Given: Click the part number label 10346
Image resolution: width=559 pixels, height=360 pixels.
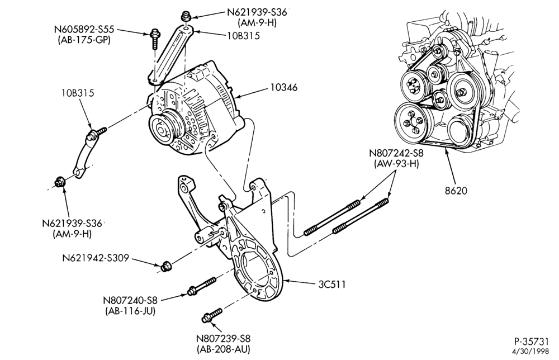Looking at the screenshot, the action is pyautogui.click(x=283, y=87).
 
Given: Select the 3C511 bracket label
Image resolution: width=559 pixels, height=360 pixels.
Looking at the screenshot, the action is pyautogui.click(x=332, y=284).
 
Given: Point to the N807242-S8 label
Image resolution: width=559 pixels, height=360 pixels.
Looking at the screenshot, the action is pyautogui.click(x=396, y=154).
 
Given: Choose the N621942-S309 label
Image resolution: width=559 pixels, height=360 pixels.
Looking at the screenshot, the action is pyautogui.click(x=96, y=258).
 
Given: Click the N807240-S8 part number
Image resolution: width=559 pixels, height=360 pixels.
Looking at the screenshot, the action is pyautogui.click(x=130, y=301).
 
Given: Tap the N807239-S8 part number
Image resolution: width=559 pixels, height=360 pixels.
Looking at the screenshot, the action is pyautogui.click(x=224, y=338).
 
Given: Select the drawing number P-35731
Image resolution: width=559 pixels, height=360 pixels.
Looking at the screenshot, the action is pyautogui.click(x=531, y=341).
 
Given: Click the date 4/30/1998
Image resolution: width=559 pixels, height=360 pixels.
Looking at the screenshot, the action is pyautogui.click(x=532, y=351).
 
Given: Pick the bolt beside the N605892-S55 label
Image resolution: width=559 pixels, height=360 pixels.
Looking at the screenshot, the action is pyautogui.click(x=155, y=39).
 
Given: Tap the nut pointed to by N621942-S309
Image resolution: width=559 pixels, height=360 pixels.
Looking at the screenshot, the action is pyautogui.click(x=165, y=266).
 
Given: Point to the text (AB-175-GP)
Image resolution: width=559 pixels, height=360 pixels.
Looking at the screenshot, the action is pyautogui.click(x=84, y=39).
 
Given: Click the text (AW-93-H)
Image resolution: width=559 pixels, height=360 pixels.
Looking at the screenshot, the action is pyautogui.click(x=396, y=164).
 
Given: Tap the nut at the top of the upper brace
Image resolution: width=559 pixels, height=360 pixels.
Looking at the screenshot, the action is pyautogui.click(x=185, y=16).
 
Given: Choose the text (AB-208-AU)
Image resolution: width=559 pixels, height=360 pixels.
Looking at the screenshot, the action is pyautogui.click(x=224, y=349).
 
